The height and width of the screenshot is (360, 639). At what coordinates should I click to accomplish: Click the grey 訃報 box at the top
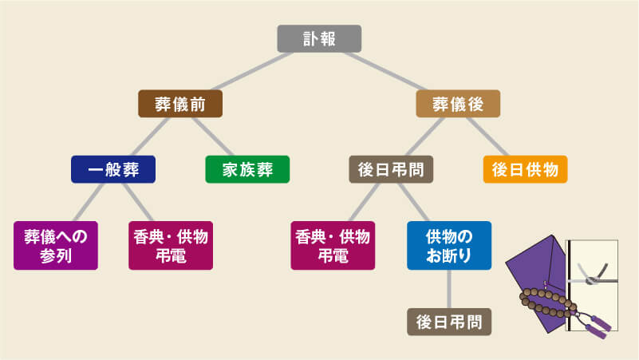point(319,38)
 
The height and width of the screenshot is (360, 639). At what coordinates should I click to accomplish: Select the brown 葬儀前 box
point(179,104)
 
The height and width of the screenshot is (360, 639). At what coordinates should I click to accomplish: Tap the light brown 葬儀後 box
point(458,104)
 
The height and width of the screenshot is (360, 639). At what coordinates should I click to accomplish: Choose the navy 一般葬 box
point(112,169)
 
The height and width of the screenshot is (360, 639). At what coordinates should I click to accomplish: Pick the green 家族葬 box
point(247,169)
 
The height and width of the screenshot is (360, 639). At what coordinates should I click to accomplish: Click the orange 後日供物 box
point(525,169)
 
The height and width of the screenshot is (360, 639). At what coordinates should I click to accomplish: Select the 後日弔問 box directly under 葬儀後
point(391,169)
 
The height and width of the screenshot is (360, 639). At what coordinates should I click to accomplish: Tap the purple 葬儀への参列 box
point(56,245)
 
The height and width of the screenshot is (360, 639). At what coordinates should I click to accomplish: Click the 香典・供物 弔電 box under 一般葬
point(170,245)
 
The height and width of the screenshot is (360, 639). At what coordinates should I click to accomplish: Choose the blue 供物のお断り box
point(449,245)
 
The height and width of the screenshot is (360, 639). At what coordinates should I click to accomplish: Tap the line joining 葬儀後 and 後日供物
point(491,136)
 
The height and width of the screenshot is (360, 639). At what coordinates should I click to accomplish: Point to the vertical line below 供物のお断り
point(449,288)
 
